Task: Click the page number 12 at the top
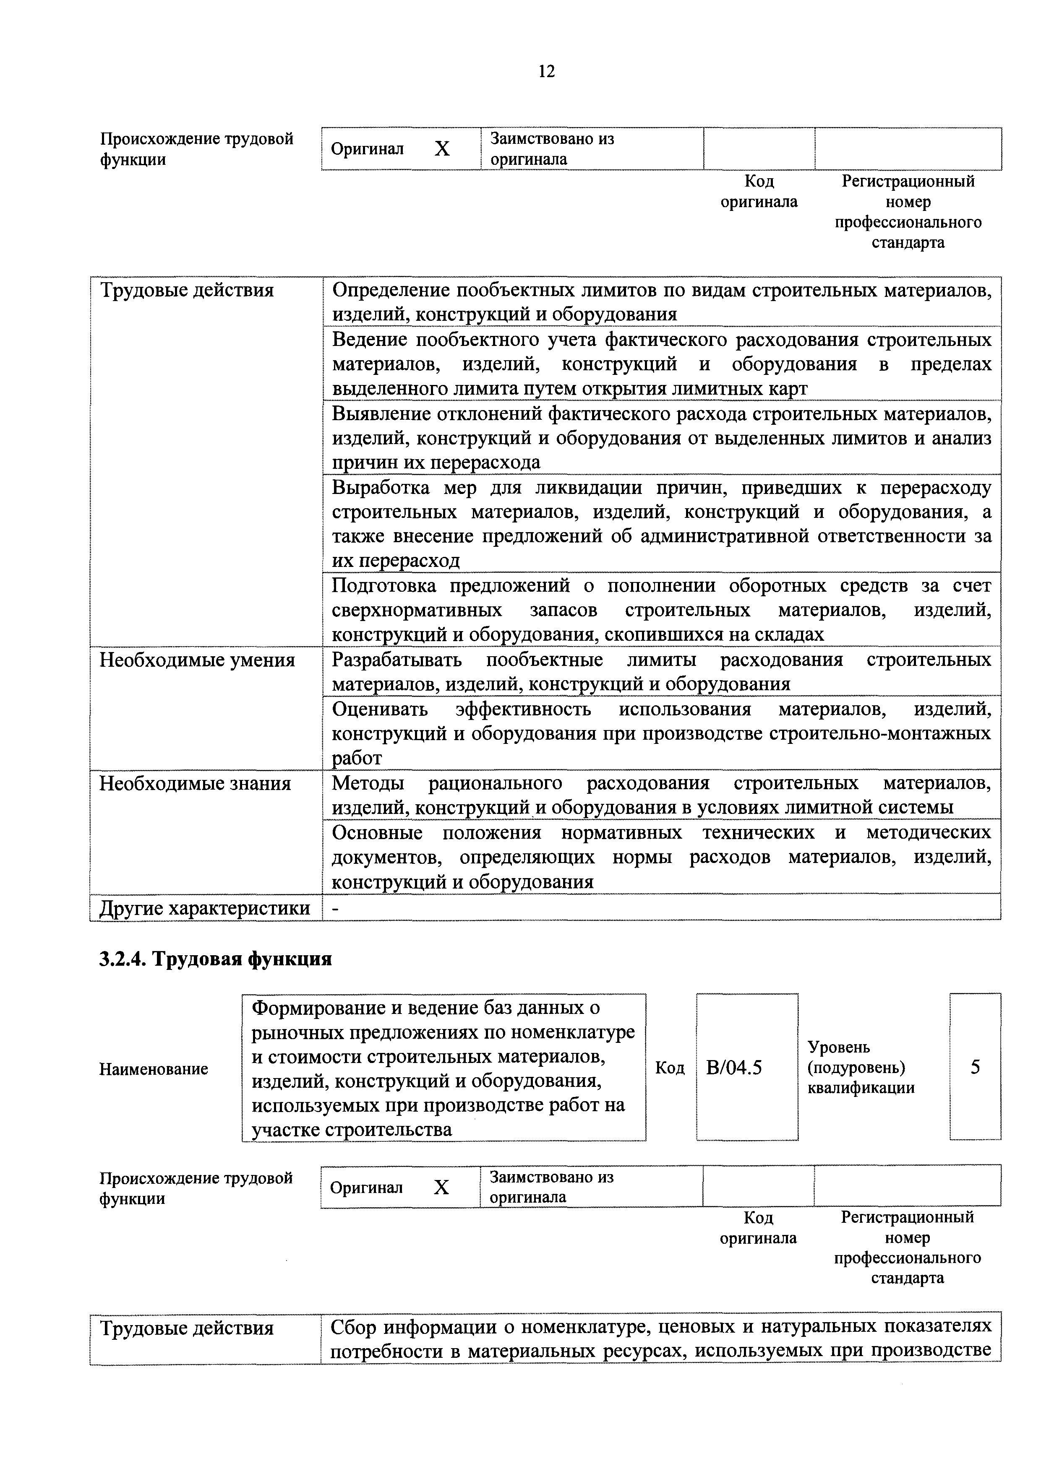546,71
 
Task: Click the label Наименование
154,1068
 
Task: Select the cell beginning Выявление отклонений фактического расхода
661,438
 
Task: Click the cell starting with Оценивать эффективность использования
661,733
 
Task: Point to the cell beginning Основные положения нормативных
661,857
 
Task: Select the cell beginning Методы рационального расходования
661,795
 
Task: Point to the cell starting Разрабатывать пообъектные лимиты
661,671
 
